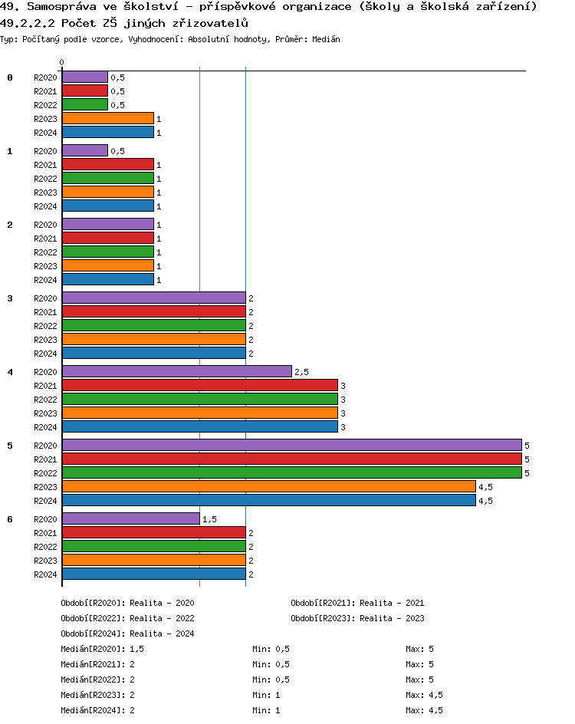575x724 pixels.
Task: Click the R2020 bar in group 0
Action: click(84, 77)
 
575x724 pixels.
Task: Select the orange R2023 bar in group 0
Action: click(107, 119)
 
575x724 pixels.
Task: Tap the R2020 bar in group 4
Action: click(176, 372)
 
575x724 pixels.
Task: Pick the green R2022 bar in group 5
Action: click(291, 473)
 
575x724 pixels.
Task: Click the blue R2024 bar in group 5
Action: click(268, 501)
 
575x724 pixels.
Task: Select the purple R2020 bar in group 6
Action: click(130, 519)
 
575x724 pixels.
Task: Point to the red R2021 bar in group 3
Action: click(153, 312)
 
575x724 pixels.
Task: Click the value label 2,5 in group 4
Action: click(301, 372)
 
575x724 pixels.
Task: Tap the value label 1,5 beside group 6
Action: click(209, 519)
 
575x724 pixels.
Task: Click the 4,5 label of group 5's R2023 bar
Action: click(485, 487)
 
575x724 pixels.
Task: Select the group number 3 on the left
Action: click(10, 298)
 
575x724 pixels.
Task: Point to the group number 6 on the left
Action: click(10, 519)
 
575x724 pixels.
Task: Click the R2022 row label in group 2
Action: click(45, 252)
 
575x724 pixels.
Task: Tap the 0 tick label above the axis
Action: click(62, 62)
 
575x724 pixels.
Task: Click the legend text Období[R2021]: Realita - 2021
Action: click(357, 603)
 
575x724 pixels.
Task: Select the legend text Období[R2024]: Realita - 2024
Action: click(127, 633)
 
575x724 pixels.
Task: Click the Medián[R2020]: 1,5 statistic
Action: click(102, 649)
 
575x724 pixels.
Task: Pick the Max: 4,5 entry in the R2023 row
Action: click(424, 695)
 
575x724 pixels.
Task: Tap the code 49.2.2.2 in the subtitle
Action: click(28, 23)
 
